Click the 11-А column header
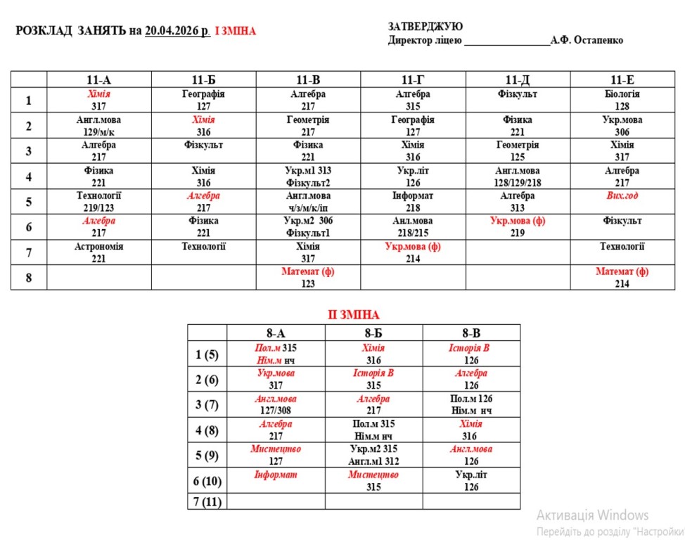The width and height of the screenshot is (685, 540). [x=99, y=79]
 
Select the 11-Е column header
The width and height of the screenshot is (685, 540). [x=622, y=79]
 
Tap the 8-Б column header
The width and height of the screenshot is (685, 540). [x=373, y=333]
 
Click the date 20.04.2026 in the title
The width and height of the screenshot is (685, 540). [x=177, y=31]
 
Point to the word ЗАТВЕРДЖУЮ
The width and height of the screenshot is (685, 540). [x=425, y=26]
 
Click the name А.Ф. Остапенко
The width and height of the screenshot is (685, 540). [x=587, y=41]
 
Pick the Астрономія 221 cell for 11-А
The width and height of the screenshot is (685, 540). [x=99, y=252]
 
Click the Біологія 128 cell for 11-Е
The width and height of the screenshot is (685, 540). [x=622, y=100]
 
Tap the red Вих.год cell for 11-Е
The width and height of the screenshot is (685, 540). [x=622, y=196]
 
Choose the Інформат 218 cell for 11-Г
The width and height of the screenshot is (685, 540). [x=413, y=202]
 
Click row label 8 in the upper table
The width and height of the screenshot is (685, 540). [x=29, y=278]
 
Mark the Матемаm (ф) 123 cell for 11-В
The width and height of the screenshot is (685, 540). [x=308, y=277]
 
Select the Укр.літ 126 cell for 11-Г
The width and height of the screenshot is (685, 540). [x=413, y=176]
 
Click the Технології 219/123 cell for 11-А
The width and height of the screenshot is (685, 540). [x=99, y=202]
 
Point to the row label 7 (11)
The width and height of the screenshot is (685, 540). [x=207, y=501]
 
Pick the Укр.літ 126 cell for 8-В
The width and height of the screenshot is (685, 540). [x=471, y=480]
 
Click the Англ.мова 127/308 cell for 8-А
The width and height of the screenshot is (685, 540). [x=276, y=404]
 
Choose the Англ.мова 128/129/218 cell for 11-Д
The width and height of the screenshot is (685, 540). [x=518, y=176]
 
